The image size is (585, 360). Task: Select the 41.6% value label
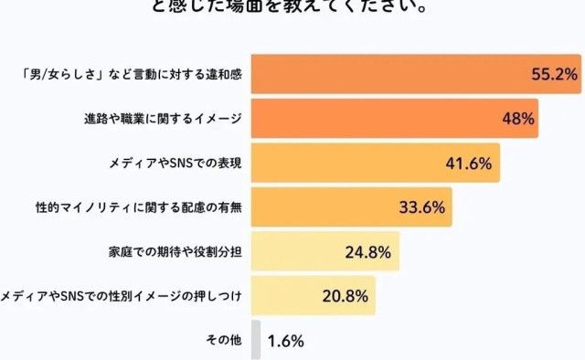467,164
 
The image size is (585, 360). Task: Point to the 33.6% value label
421,207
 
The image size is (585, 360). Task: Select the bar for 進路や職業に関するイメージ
393,119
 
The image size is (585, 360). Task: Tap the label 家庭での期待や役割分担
174,251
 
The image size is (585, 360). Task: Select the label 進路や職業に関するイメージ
161,119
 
